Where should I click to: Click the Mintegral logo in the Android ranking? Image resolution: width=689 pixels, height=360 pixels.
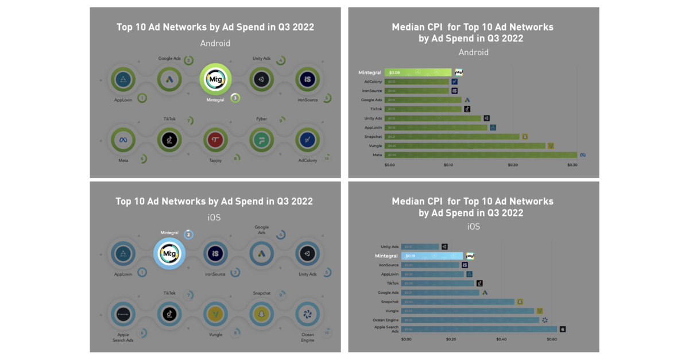pos(215,79)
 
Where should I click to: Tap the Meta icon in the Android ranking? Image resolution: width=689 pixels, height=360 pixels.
pos(123,140)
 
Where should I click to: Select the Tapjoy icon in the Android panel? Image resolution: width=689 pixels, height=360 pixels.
pos(215,140)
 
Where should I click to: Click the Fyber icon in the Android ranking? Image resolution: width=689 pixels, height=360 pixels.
pos(261,140)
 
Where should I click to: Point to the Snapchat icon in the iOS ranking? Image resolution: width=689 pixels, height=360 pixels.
pos(261,314)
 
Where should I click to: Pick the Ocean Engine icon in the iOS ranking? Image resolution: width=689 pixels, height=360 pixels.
pos(307,314)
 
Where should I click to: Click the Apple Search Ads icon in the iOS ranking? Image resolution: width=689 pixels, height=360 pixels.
pos(123,314)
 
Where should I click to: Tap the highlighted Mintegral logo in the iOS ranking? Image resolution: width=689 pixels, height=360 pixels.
pos(169,253)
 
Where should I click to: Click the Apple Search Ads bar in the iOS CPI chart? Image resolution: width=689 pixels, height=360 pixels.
pos(479,329)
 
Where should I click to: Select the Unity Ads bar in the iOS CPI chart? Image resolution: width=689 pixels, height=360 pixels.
pos(420,246)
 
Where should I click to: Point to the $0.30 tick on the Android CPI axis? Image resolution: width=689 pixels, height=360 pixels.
pos(572,165)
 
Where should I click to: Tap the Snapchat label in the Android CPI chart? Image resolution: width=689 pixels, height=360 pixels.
pos(373,137)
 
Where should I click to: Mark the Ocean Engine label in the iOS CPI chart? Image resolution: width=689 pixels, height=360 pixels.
pos(385,320)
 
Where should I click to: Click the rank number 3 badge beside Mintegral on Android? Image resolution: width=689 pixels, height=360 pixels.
pos(235,98)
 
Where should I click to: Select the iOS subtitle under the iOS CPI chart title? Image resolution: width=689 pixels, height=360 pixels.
pos(473,227)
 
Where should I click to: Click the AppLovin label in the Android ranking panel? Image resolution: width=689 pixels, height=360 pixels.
pos(123,100)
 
